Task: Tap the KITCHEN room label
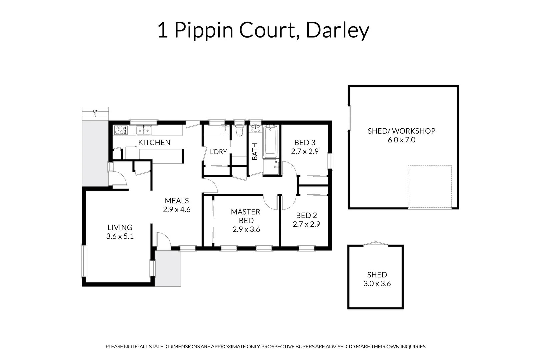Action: (154, 143)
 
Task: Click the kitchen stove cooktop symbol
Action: (121, 130)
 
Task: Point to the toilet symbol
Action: (239, 131)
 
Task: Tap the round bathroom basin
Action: (256, 128)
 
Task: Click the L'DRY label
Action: (218, 152)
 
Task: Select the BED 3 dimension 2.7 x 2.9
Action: (305, 151)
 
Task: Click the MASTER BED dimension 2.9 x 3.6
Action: (246, 229)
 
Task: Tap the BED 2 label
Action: (306, 216)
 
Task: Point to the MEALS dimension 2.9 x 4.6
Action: (177, 209)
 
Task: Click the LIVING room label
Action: (120, 227)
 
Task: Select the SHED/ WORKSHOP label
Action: (401, 131)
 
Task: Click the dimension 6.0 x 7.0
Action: (401, 140)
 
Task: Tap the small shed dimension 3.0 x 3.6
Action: (377, 284)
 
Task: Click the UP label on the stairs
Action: (95, 111)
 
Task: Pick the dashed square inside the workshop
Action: (430, 187)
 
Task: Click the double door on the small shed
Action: (376, 244)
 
